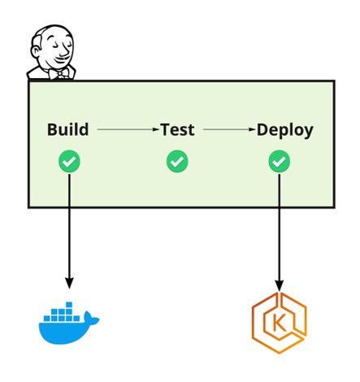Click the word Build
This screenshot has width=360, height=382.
click(x=67, y=129)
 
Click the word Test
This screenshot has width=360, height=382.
click(x=177, y=129)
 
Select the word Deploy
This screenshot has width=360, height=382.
click(x=284, y=129)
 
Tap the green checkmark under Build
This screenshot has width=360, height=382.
click(x=69, y=162)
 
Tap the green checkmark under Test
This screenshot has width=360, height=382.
click(x=177, y=162)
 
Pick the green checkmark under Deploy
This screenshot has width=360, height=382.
click(x=280, y=162)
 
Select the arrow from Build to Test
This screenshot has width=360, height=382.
click(x=127, y=129)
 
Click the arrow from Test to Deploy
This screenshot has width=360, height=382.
click(x=229, y=129)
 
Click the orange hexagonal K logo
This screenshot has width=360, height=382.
click(x=279, y=324)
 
